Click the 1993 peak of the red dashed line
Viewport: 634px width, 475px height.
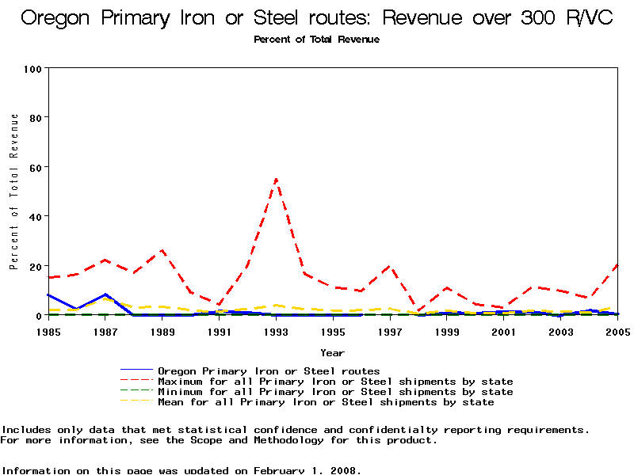point(276,179)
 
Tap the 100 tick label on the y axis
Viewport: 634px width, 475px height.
point(32,68)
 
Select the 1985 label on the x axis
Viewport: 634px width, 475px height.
point(48,332)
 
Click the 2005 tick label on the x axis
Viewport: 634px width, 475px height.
point(617,332)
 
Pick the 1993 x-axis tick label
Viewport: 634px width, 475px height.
point(276,332)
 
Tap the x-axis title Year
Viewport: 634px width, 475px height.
point(332,352)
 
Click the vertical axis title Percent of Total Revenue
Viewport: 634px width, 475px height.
point(14,191)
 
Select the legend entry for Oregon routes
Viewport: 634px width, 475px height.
point(269,370)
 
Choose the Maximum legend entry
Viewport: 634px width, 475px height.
point(335,382)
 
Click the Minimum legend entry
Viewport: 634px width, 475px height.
point(335,392)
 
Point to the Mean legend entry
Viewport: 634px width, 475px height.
point(326,402)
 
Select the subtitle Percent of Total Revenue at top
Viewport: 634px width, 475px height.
point(316,40)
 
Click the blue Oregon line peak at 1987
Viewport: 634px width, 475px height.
point(105,294)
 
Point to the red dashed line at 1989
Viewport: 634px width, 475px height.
point(162,250)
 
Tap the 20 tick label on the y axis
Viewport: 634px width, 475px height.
point(36,266)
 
